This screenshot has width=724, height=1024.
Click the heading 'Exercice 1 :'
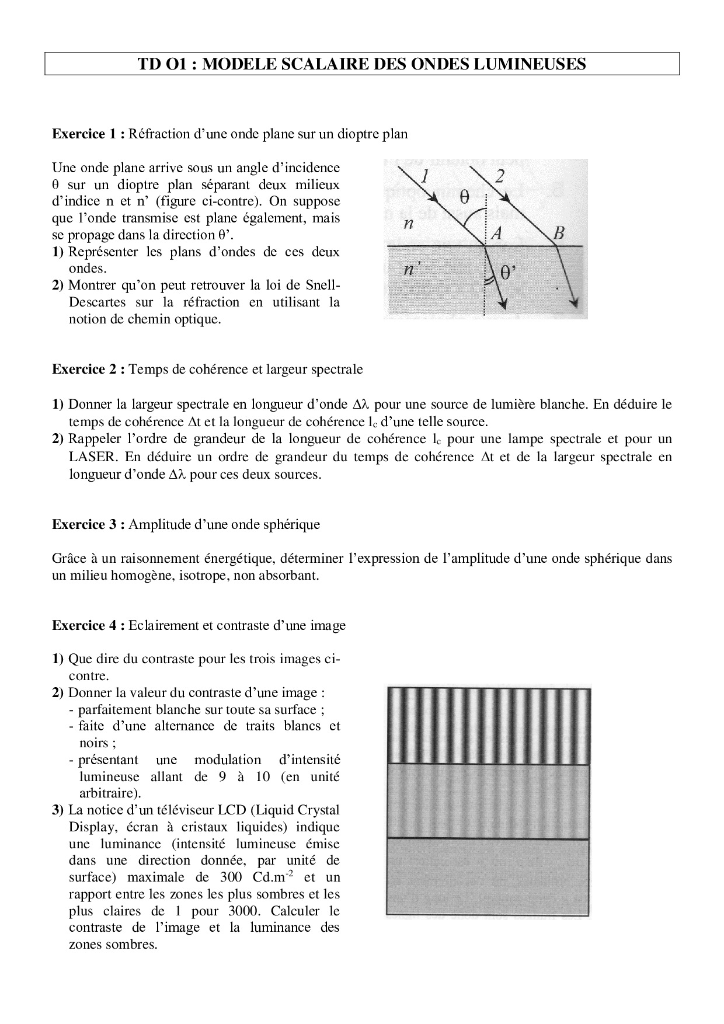pos(89,134)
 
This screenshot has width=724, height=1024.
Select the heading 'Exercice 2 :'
pos(89,369)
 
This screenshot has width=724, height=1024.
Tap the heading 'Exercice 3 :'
pos(89,524)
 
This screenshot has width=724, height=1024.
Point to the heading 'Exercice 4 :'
pos(89,626)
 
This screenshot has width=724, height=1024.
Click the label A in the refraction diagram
pos(497,234)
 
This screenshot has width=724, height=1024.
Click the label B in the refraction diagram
pos(559,234)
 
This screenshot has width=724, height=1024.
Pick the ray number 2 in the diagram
pos(500,176)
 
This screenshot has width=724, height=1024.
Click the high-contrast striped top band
pos(488,726)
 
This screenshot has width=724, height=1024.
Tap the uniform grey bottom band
pos(488,876)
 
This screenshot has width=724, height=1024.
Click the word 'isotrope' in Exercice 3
pos(194,576)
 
